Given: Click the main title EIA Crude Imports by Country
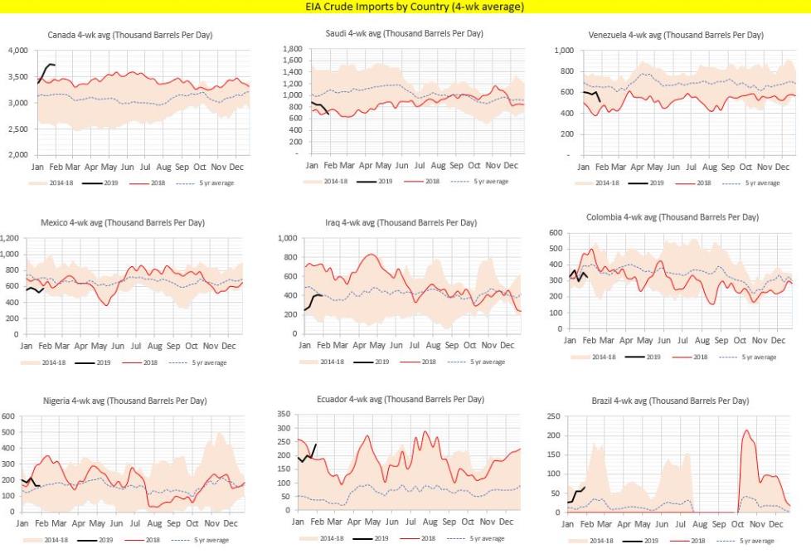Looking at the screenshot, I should [405, 7].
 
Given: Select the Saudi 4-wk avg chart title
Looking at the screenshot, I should [405, 33].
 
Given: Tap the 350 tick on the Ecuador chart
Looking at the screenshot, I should [283, 413].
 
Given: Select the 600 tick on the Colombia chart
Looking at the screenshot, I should [554, 233].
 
